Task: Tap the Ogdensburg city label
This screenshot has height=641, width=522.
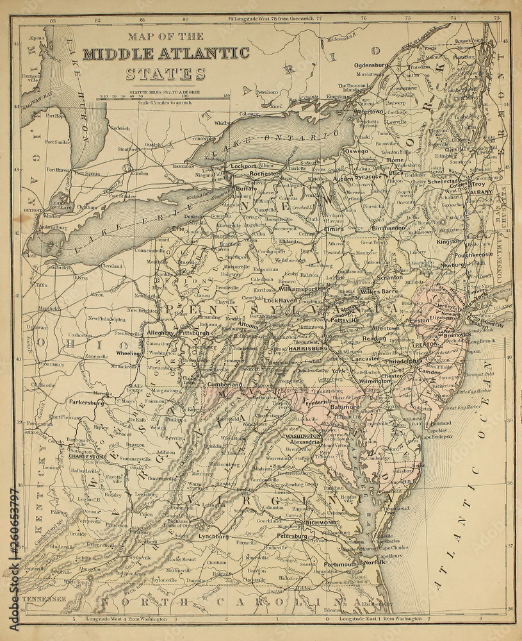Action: [372, 65]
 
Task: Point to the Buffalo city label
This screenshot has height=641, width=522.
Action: [245, 190]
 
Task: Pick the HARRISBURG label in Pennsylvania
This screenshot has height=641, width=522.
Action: [308, 348]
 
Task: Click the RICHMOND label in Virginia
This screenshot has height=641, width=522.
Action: [320, 522]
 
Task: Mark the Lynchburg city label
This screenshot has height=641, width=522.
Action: [213, 535]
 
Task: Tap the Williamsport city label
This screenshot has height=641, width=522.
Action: [298, 290]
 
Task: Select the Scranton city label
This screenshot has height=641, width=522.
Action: [389, 278]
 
